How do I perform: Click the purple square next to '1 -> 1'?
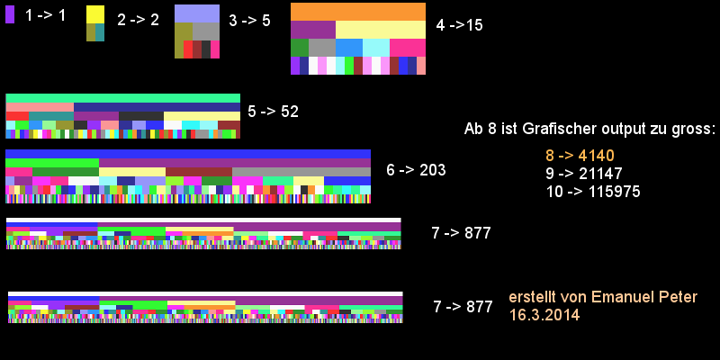(x=10, y=14)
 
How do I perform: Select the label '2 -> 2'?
(x=138, y=19)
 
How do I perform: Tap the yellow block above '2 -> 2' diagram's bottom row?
(x=95, y=14)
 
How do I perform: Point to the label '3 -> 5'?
(x=249, y=20)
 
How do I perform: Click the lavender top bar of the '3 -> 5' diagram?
(x=197, y=13)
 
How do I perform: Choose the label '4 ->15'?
(x=459, y=25)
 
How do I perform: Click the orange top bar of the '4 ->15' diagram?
(x=358, y=11)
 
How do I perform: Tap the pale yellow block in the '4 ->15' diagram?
(x=381, y=30)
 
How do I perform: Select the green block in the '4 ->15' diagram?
(x=300, y=48)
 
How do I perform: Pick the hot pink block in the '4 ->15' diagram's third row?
(x=408, y=48)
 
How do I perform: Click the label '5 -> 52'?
(x=273, y=112)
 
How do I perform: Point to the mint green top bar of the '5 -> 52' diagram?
(x=123, y=98)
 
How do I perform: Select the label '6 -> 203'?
(x=416, y=170)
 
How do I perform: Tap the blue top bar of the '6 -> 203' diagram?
(x=188, y=154)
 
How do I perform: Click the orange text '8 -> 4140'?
(x=580, y=156)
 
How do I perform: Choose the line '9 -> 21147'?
(x=583, y=174)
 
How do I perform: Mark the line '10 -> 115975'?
(x=592, y=192)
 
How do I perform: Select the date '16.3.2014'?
(x=544, y=315)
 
